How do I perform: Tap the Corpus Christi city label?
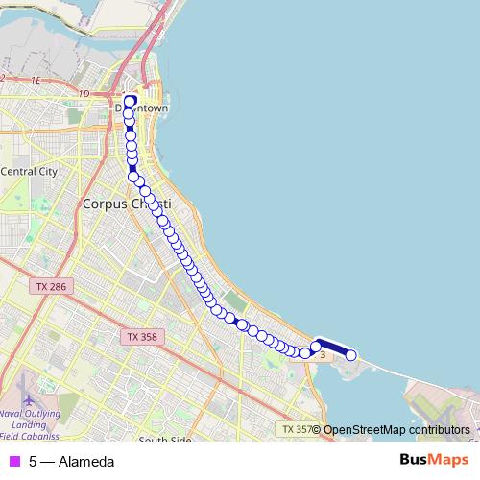pos(126,204)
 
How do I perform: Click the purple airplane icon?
pos(25,396)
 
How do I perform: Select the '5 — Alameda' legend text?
pos(71,462)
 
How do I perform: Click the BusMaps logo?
pos(434,461)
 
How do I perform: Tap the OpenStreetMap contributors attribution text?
pos(396,429)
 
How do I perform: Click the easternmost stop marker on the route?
pos(351,355)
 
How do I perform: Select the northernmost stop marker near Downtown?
pos(130,100)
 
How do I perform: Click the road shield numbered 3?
pos(323,355)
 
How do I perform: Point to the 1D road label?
pos(84,93)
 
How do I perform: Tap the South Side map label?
pos(166,441)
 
